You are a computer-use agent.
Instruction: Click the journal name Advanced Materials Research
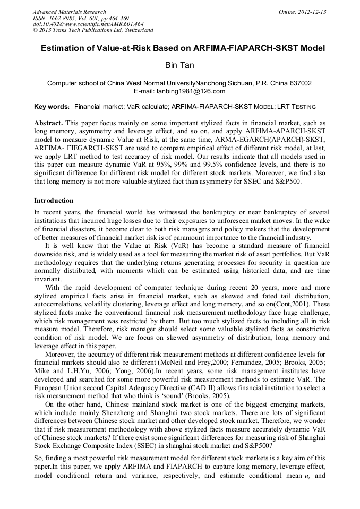(69, 12)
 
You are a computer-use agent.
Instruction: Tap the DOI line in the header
(88, 24)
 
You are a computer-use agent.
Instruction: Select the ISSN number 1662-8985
(73, 18)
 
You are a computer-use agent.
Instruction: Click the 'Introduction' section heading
(54, 201)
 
